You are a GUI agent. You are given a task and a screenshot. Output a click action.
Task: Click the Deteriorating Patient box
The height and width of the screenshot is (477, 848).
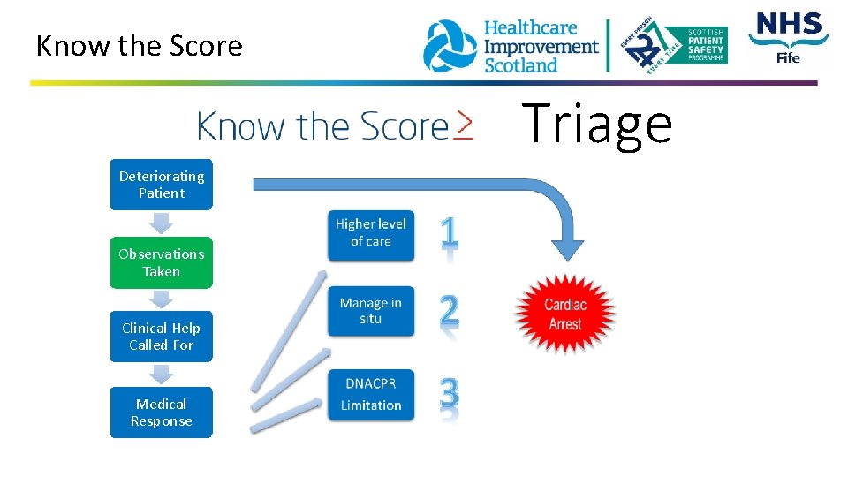(162, 185)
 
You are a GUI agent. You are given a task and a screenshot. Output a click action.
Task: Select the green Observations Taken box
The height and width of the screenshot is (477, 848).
(162, 262)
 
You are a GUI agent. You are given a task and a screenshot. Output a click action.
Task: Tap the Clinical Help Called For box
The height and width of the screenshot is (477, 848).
(162, 337)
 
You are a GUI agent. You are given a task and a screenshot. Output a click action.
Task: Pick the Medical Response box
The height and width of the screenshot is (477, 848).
(162, 413)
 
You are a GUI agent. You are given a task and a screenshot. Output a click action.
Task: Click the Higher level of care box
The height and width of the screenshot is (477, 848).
(371, 233)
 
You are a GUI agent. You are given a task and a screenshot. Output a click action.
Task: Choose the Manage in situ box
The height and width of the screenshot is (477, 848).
(371, 310)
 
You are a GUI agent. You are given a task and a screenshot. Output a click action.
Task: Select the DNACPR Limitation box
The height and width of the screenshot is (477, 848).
(371, 395)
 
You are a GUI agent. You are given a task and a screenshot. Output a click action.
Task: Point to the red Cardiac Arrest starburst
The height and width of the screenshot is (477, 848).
(565, 314)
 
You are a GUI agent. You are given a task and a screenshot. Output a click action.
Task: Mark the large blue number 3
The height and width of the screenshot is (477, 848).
(450, 395)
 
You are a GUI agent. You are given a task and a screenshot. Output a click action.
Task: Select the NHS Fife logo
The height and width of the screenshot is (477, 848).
(788, 37)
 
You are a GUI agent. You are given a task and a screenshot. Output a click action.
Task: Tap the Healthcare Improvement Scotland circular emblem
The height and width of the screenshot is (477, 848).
(450, 46)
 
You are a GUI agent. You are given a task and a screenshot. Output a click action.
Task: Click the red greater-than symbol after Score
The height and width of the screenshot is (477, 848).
(464, 125)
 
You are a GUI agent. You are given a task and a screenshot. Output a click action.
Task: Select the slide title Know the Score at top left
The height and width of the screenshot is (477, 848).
(139, 46)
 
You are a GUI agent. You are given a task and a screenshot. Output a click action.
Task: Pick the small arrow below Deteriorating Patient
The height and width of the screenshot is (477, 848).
(162, 223)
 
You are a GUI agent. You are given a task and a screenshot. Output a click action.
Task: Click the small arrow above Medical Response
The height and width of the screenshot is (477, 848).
(162, 375)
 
